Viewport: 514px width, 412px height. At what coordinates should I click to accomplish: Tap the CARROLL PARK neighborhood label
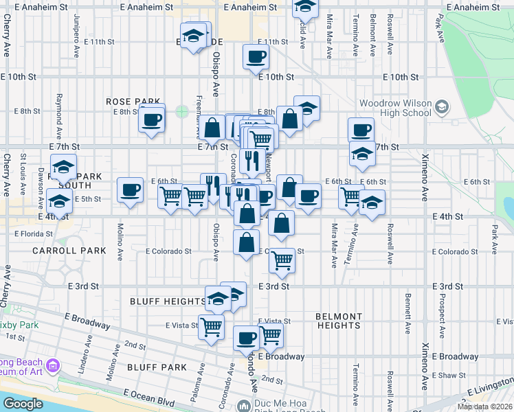pos(69,251)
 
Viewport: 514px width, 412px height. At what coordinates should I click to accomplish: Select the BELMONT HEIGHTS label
pos(339,321)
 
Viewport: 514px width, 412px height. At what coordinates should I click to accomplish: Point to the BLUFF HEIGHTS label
pos(164,301)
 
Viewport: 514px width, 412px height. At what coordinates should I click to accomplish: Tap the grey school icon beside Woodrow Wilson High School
pos(441,107)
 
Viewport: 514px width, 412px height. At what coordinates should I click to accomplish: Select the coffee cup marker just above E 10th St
pos(256,58)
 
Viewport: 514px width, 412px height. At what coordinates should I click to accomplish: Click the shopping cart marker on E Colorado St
pos(281,261)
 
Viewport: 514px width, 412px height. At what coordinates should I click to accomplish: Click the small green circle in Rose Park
pos(182,111)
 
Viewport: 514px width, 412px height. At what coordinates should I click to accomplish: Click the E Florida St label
pos(33,233)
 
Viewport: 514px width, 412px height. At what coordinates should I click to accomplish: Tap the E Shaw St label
pos(451,375)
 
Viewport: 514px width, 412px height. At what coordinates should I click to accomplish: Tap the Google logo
pos(23,403)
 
